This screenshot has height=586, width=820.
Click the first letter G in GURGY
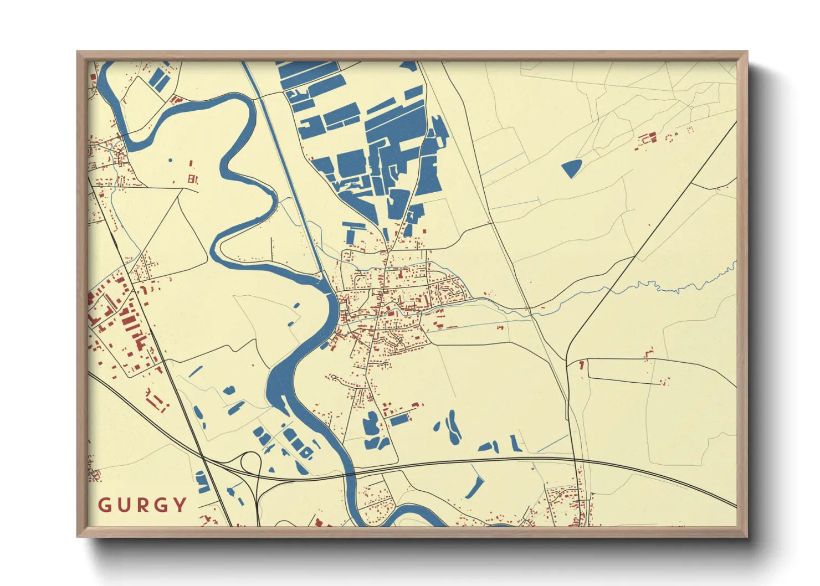point(104,505)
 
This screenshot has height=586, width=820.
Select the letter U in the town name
point(122,505)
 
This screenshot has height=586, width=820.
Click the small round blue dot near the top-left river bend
point(170,161)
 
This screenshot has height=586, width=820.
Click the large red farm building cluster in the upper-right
point(647,138)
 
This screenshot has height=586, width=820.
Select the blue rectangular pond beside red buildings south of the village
point(399,420)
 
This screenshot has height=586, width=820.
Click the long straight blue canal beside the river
point(283,166)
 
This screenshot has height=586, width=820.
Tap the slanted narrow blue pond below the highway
point(474,488)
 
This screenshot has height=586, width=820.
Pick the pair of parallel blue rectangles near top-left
point(160,78)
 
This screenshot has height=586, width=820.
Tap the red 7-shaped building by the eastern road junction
point(581,365)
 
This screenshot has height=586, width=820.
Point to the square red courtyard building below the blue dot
point(192,179)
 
